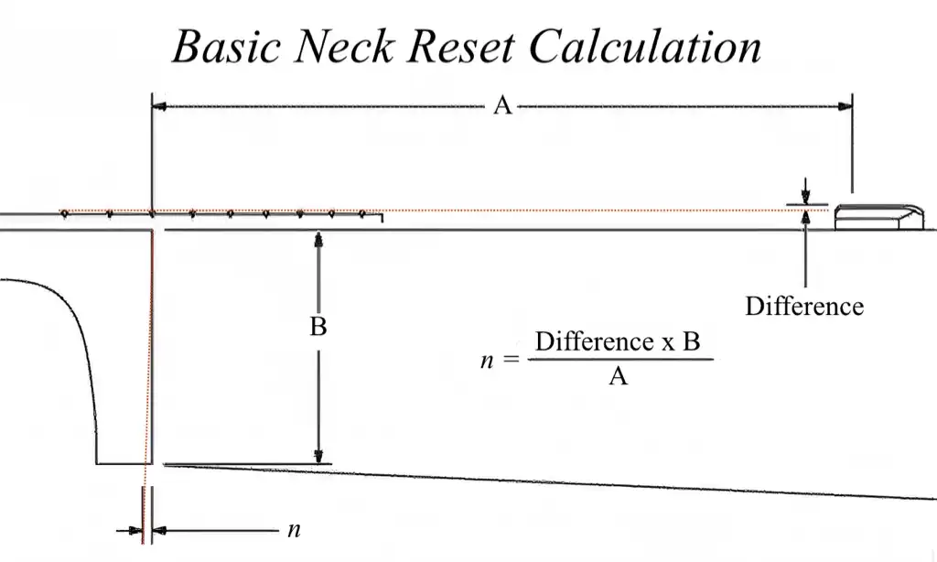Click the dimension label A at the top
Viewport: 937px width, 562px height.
(501, 106)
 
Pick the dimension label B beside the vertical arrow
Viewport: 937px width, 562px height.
(318, 327)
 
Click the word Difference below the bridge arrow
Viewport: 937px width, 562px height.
(803, 306)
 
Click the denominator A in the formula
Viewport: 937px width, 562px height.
(619, 375)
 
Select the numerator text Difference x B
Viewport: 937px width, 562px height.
(618, 342)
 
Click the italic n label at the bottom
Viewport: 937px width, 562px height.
(293, 529)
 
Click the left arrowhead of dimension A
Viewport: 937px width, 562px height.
(159, 106)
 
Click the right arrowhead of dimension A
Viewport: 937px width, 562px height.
(845, 106)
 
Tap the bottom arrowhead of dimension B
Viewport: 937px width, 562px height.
(318, 458)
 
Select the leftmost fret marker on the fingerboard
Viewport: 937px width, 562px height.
(65, 213)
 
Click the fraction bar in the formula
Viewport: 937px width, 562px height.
(619, 359)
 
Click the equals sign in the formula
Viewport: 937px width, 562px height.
(511, 360)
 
